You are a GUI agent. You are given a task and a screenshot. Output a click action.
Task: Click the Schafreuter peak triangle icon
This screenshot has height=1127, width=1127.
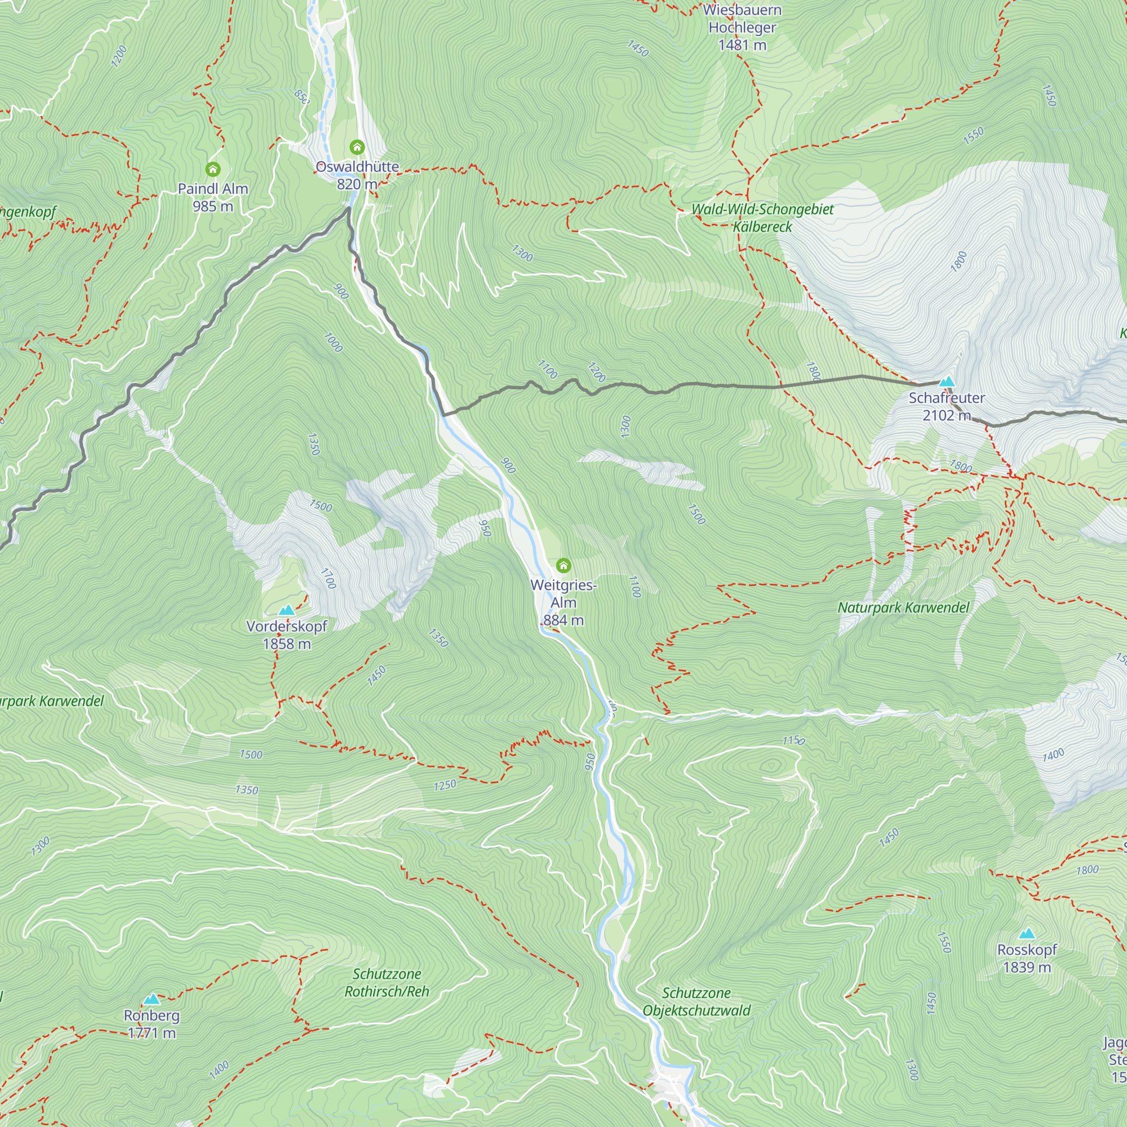click(x=946, y=382)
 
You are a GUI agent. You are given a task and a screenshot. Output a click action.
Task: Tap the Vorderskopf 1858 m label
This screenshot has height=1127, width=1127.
click(x=286, y=635)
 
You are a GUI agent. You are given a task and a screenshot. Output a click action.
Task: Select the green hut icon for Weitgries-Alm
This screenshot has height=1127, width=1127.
click(x=563, y=565)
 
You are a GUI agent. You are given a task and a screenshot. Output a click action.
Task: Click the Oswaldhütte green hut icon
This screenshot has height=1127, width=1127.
click(x=357, y=147)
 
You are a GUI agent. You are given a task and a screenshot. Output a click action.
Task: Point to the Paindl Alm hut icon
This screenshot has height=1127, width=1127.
click(x=213, y=169)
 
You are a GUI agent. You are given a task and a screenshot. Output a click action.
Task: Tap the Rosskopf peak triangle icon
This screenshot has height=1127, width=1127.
click(x=1027, y=933)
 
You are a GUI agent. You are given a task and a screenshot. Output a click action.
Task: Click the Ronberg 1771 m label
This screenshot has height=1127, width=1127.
click(x=152, y=1024)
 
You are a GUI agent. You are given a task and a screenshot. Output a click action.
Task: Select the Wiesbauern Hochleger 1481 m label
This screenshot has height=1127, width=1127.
click(x=742, y=28)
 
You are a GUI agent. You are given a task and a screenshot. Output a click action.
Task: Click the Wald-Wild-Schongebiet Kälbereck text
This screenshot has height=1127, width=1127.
click(x=762, y=218)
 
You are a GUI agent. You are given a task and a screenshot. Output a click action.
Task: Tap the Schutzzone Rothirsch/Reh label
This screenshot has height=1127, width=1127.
click(x=387, y=982)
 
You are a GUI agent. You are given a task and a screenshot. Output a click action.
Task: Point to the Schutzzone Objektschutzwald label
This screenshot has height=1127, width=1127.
click(x=696, y=1001)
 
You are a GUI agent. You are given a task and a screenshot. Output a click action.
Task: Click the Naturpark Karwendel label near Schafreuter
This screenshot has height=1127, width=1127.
click(x=903, y=608)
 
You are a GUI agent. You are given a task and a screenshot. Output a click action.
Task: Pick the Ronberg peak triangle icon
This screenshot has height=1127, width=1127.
click(x=152, y=999)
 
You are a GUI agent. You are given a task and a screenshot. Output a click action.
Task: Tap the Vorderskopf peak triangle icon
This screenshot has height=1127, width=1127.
click(x=286, y=610)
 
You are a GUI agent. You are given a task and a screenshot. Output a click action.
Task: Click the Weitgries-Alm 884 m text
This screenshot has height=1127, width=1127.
click(x=563, y=602)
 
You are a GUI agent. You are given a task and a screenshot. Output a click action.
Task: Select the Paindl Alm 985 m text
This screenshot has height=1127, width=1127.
click(x=213, y=197)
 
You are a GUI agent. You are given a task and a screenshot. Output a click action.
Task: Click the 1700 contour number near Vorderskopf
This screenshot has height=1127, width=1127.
click(x=329, y=578)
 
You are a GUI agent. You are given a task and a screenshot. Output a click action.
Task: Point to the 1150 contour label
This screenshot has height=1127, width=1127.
click(x=793, y=740)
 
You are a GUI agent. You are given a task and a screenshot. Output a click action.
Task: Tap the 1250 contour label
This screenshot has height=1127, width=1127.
click(x=445, y=785)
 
